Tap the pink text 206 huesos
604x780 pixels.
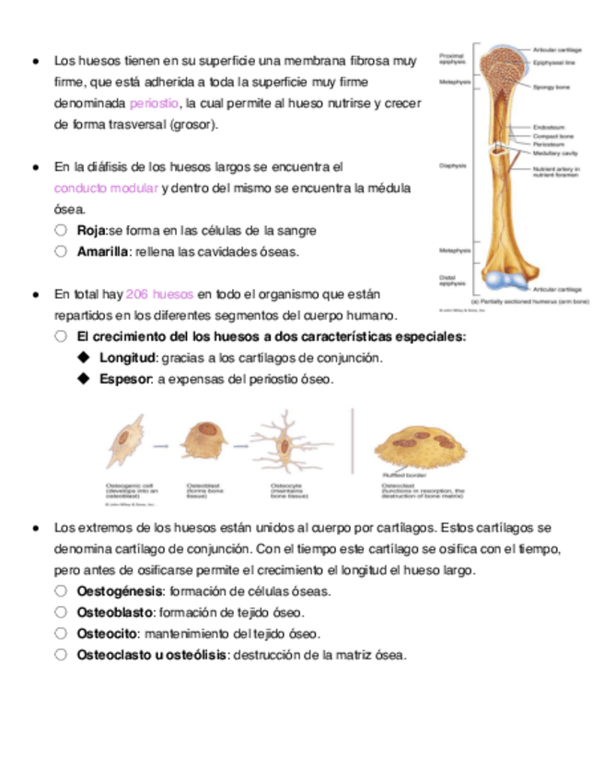(158, 294)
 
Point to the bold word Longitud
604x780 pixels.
(128, 358)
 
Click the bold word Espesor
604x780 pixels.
(125, 379)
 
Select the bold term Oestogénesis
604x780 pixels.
(121, 591)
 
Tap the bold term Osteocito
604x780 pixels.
(108, 634)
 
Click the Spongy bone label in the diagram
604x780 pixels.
(552, 86)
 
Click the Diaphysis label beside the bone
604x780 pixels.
(452, 166)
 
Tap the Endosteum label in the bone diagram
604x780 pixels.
(550, 127)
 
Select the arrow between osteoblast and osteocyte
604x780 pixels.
(238, 446)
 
